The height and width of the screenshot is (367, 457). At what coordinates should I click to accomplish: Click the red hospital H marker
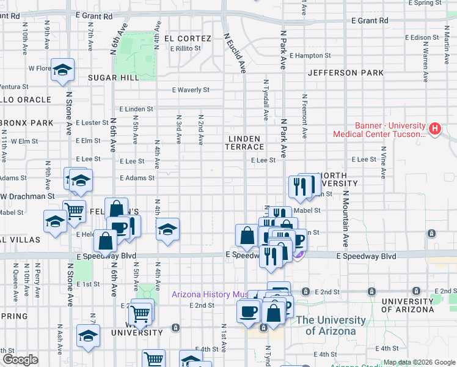point(434,128)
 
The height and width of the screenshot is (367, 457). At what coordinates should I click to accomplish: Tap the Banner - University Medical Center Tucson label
point(379,130)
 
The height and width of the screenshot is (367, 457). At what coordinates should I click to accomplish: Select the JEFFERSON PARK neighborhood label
point(346,73)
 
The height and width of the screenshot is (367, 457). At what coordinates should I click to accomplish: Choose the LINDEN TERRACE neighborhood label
point(244,143)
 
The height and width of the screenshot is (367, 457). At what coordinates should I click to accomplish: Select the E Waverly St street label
point(190,90)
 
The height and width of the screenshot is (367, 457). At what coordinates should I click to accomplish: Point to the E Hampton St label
point(310,55)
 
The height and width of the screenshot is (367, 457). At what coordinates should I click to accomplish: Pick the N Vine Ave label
point(383,161)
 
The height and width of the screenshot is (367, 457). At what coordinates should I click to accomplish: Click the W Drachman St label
point(28,196)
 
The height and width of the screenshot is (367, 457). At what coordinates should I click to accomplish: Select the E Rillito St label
point(186,48)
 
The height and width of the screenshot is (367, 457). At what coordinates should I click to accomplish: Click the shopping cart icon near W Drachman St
point(75,211)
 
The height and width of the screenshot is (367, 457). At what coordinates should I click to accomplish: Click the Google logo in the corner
point(20,360)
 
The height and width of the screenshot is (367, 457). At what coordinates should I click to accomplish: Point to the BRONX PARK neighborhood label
point(27,123)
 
